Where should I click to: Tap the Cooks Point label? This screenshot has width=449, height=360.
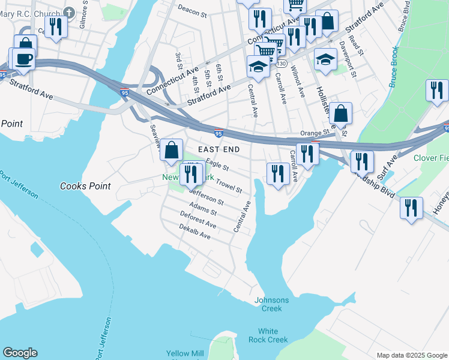click(85, 186)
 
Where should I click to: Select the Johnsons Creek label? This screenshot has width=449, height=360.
click(271, 304)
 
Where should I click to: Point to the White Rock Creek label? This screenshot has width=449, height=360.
click(268, 335)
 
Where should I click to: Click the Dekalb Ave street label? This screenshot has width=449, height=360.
click(194, 232)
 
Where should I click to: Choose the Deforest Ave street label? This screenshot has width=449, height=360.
click(198, 219)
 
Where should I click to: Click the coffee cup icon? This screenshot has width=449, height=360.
click(24, 59)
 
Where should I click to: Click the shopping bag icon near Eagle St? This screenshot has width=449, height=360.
click(172, 150)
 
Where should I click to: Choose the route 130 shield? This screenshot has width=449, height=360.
click(282, 64)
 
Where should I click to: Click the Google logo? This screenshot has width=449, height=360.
click(20, 353)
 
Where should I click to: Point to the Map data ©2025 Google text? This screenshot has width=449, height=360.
click(411, 355)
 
